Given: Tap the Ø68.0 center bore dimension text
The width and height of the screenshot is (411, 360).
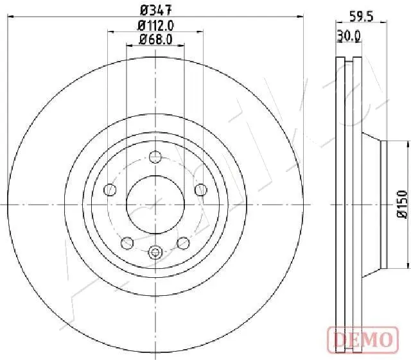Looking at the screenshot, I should coord(156,40).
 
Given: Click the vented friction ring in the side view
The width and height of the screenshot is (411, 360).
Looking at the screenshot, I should coord(350,204).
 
